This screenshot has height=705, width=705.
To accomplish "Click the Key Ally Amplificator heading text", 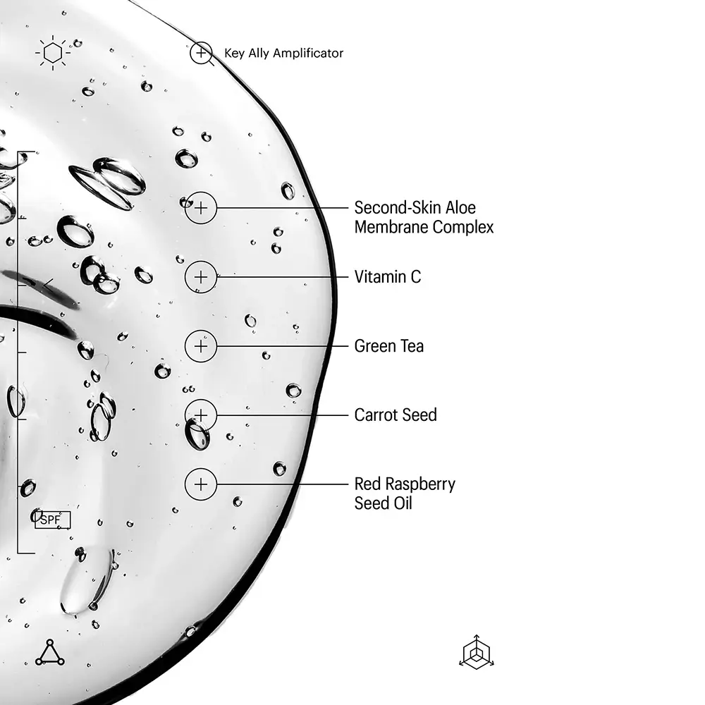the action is point(283,53).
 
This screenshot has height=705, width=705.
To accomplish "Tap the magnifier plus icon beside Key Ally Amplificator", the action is point(202,54).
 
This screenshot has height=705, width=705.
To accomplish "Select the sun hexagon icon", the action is point(53,53).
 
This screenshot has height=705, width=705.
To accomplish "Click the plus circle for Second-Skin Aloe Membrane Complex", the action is point(201,208).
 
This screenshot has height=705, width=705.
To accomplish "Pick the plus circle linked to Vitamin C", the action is point(201,277).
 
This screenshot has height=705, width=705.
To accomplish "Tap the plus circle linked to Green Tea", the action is point(201,346).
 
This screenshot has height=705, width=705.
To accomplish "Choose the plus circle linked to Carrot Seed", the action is point(201,415).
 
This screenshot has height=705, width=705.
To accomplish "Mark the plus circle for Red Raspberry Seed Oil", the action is point(201,484).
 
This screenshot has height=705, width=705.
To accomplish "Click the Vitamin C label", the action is point(388,277).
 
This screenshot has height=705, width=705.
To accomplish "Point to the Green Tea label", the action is point(389,346).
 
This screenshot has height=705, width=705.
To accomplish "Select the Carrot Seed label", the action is point(396,415).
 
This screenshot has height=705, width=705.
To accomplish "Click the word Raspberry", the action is point(420,485).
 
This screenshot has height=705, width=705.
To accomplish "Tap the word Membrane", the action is point(391,227).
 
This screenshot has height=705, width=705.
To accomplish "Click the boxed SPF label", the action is point(53,520).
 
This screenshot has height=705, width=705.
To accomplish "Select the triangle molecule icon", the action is point(50,652).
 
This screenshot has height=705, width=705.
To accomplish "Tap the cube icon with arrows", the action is point(477,652).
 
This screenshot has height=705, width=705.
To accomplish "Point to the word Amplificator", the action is point(308,53).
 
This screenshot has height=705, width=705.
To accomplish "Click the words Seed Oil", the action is point(383,503).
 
